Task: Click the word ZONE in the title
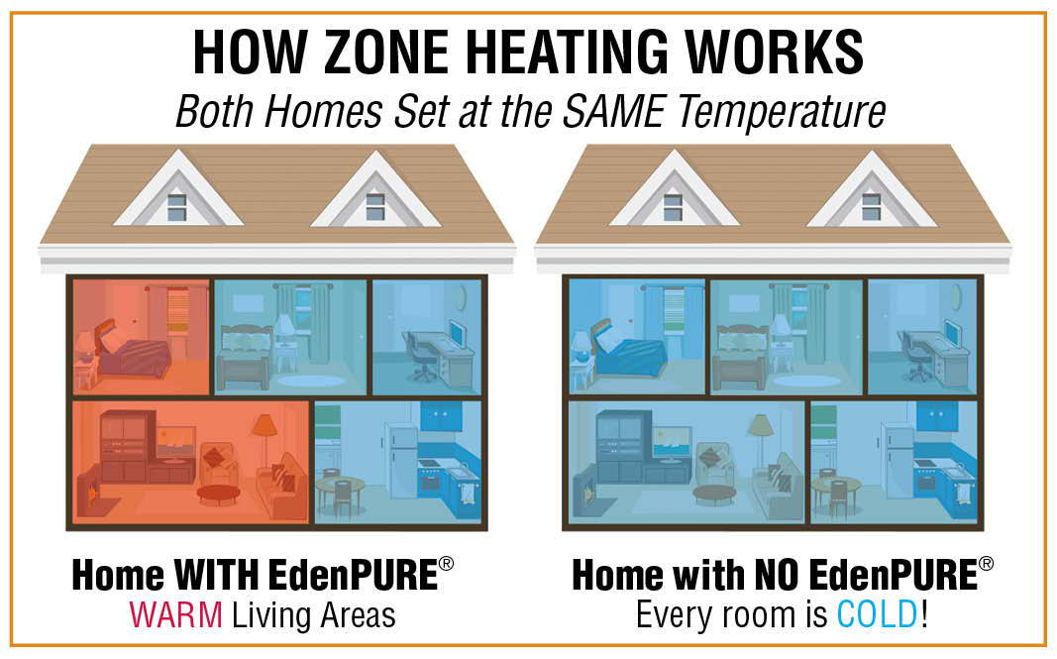click(385, 53)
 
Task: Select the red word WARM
click(176, 615)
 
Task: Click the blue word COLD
click(877, 614)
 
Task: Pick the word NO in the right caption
click(778, 576)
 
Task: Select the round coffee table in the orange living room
click(218, 494)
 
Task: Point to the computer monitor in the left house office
click(458, 335)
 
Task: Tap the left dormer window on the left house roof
click(176, 207)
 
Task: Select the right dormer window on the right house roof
click(871, 207)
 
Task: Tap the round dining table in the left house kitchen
click(340, 491)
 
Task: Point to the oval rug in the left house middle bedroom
click(311, 382)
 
